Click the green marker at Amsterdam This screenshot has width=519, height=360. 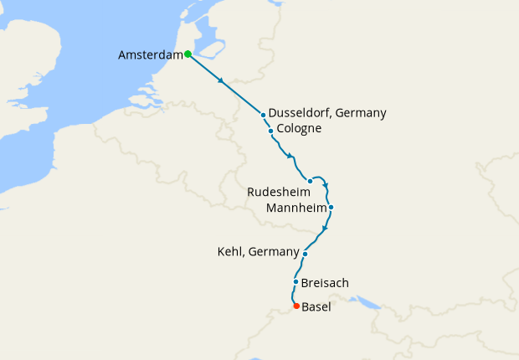click(188, 54)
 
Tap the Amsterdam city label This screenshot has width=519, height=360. click(151, 55)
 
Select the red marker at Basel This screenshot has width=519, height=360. click(296, 306)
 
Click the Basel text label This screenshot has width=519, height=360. click(316, 307)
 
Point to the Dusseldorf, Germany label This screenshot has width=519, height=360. click(328, 113)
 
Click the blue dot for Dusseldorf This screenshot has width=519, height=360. click(263, 115)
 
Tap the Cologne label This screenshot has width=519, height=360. click(299, 129)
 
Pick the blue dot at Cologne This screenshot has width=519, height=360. click(270, 131)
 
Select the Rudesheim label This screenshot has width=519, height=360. click(279, 192)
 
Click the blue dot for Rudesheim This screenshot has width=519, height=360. click(310, 181)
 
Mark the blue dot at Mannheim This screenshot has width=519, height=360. click(331, 207)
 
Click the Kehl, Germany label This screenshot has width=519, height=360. click(258, 252)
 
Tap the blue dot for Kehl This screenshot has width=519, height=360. click(306, 254)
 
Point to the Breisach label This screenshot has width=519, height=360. click(325, 283)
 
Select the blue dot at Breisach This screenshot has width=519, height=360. click(296, 282)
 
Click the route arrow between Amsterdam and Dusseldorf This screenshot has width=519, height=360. click(221, 81)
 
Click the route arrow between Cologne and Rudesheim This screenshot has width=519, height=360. click(290, 157)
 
